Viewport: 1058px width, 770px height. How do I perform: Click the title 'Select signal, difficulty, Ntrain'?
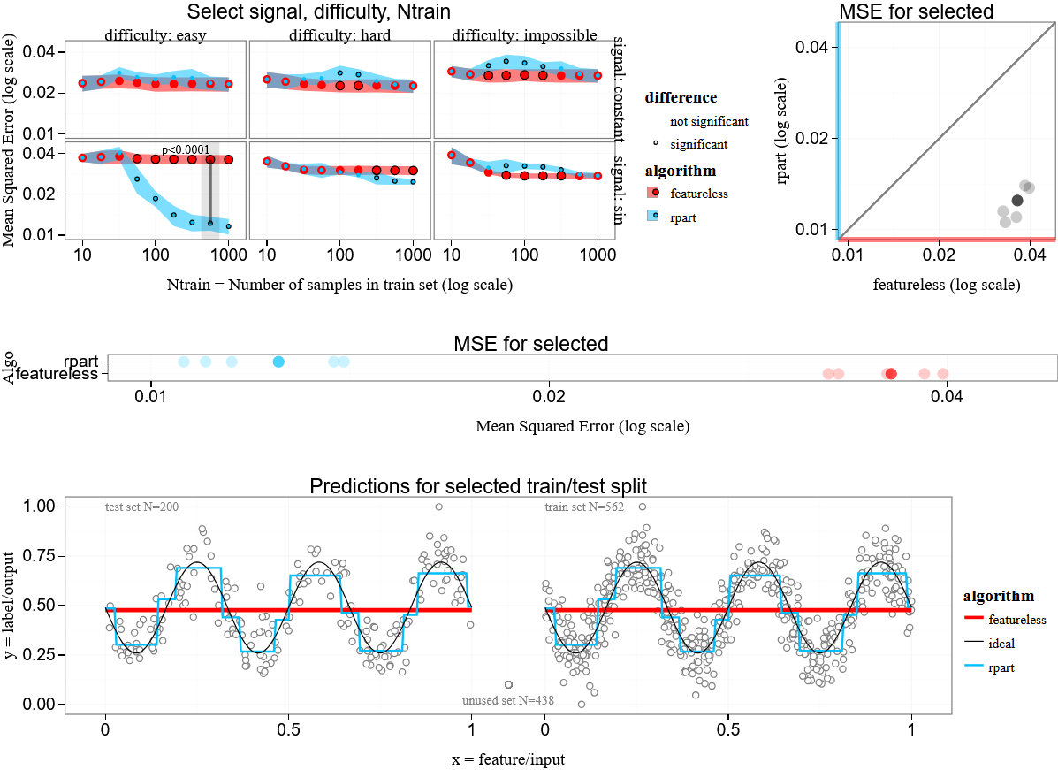pos(318,12)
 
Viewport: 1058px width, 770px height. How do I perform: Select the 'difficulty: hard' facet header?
pos(339,36)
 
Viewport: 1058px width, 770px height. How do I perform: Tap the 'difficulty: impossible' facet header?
pos(523,36)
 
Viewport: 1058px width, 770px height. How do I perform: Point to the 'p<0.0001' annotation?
pos(186,150)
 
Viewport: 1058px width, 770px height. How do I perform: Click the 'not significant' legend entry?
pos(709,121)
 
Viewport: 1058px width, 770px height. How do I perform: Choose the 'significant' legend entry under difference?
pos(698,143)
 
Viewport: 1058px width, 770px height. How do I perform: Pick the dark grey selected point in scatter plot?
pos(1016,201)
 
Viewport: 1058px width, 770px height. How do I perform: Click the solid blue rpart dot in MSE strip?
pos(278,362)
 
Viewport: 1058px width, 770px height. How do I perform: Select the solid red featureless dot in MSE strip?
pos(891,374)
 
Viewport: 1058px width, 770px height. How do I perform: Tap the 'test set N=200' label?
pos(141,507)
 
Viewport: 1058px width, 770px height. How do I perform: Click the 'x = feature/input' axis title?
pos(507,759)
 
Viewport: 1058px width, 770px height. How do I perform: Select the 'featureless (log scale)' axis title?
pos(947,285)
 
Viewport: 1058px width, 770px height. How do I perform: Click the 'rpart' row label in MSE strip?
pos(80,362)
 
